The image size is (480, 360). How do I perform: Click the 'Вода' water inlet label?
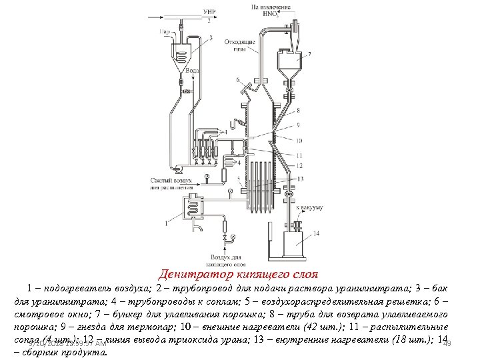tap(192, 69)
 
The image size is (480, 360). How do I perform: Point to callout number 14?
tap(316, 233)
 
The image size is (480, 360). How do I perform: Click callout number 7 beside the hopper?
tap(308, 53)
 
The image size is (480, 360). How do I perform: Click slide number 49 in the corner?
tap(447, 343)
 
